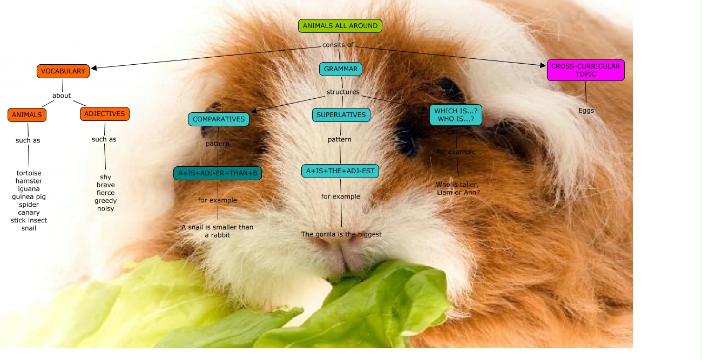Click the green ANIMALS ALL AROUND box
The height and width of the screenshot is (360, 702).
(340, 26)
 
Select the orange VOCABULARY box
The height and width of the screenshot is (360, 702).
(63, 71)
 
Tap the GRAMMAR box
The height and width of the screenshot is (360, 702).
(341, 69)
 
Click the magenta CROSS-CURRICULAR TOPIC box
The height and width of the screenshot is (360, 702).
(586, 70)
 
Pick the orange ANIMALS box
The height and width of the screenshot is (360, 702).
(27, 115)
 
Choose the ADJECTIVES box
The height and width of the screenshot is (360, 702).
(105, 114)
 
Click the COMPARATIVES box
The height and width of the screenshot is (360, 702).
(219, 119)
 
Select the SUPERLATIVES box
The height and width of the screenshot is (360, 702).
(341, 115)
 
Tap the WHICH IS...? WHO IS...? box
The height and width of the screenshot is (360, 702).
(456, 115)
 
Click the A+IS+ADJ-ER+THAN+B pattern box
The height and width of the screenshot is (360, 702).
(218, 173)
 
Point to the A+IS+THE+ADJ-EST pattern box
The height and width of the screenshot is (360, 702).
(340, 171)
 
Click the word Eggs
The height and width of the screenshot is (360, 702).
(586, 111)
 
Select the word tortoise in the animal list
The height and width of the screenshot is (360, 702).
(29, 173)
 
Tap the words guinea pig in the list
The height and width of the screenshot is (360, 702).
(29, 197)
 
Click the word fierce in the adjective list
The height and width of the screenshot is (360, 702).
(106, 193)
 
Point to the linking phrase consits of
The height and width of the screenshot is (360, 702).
(338, 45)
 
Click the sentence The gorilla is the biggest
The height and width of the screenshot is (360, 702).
(341, 234)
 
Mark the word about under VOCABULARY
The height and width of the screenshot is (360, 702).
(62, 96)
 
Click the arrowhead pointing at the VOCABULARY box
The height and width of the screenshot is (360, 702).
(94, 68)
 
